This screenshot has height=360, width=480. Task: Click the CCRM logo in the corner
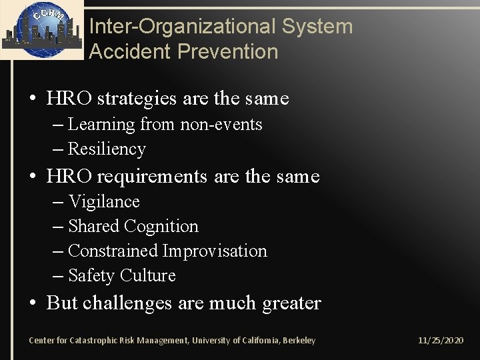click(41, 29)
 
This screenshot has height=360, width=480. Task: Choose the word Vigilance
click(104, 201)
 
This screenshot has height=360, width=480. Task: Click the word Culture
click(148, 275)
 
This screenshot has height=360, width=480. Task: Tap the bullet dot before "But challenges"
click(33, 304)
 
